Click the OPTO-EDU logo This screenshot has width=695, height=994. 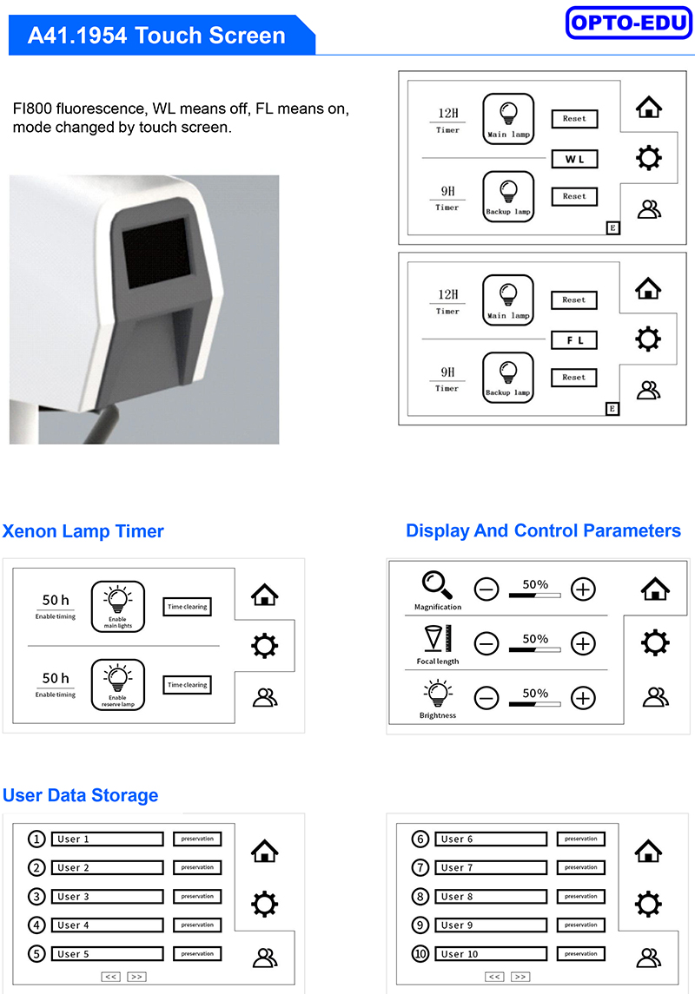point(628,23)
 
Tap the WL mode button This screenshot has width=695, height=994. point(574,159)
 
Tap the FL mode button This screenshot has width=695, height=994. point(574,340)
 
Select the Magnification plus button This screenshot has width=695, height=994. point(583,589)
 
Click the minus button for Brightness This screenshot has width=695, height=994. point(486,699)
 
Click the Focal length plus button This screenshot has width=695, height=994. point(583,644)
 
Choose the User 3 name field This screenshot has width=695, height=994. point(107,897)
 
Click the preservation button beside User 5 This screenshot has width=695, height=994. point(197,953)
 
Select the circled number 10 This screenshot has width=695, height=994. point(420,953)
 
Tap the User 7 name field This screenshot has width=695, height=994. point(491,867)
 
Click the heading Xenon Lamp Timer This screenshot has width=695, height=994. point(83,531)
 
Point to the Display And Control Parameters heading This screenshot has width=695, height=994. point(544,530)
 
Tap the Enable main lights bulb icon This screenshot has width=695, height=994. point(118,607)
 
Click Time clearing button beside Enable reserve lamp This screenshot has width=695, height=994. point(187,685)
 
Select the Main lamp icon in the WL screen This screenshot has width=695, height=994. point(508,119)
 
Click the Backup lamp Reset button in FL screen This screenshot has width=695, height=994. point(574,377)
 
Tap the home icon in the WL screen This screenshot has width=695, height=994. point(649,107)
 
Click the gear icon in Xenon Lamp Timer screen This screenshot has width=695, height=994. point(264,646)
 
